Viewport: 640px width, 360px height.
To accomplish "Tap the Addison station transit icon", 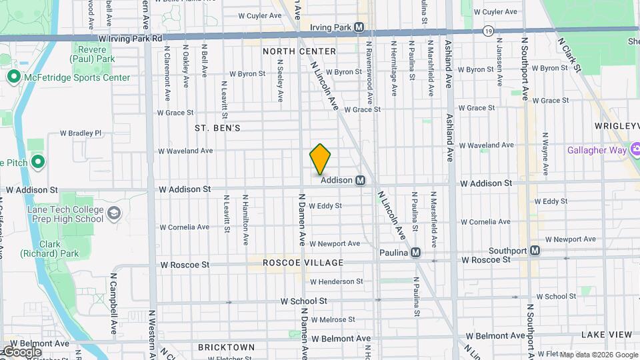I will point(360,180).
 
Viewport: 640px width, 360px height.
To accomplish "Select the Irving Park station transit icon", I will point(359,27).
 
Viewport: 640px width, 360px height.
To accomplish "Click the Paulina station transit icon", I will point(415,253).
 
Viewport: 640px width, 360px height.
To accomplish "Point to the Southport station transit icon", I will point(534,251).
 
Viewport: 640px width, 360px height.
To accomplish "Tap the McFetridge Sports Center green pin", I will point(13,77).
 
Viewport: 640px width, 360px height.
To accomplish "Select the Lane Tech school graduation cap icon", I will point(114,213).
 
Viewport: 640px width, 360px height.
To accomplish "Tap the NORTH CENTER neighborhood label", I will point(299,51).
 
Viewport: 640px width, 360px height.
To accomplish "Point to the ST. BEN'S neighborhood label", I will point(217,127).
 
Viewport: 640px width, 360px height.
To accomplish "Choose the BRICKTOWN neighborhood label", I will point(227,347).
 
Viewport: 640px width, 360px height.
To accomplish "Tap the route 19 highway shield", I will point(489,31).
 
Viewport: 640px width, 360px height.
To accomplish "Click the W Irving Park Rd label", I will point(130,39).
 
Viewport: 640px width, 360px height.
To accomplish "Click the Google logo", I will point(21,351).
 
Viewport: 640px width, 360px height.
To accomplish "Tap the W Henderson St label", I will point(336,282).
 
